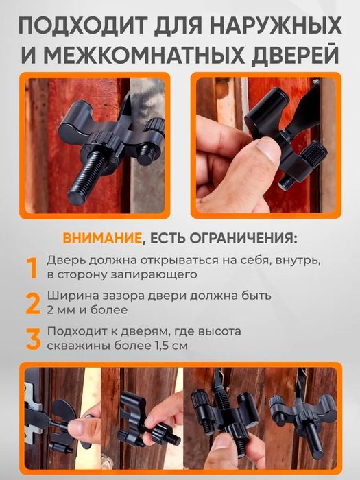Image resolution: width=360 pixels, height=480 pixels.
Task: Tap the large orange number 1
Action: [x=31, y=268]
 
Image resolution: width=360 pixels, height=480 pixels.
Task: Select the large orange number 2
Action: [x=32, y=302]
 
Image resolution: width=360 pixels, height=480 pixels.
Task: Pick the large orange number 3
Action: [x=32, y=338]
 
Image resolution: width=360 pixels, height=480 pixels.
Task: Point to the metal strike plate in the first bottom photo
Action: [x=30, y=411]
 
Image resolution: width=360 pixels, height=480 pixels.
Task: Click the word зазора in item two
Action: [x=128, y=296]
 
